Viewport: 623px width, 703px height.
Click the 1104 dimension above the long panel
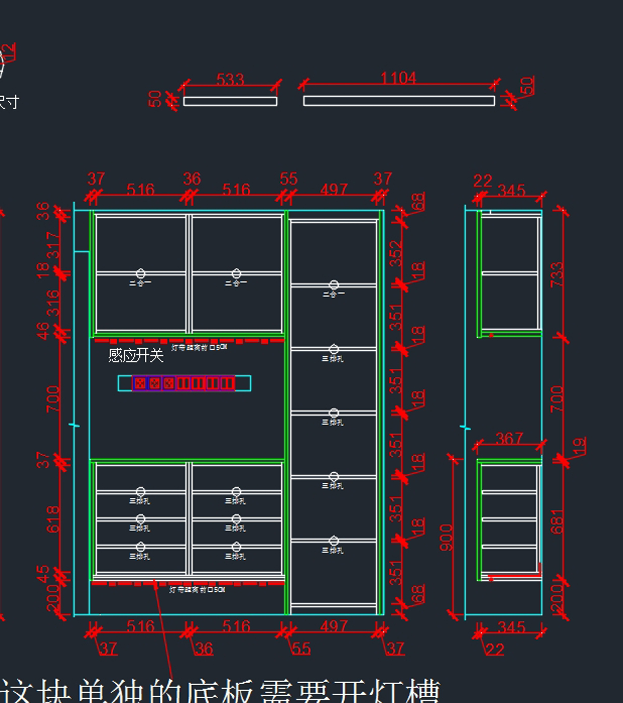click(398, 78)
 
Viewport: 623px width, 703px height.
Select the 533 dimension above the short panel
click(230, 79)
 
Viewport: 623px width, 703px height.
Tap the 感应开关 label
click(136, 355)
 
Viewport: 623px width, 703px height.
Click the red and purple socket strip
click(184, 383)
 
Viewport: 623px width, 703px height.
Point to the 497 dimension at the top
click(333, 190)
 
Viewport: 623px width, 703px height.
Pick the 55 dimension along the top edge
click(289, 179)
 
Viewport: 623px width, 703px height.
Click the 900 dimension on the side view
click(446, 537)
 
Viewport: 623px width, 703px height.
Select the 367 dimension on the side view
click(509, 439)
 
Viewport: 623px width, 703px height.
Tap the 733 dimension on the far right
click(557, 274)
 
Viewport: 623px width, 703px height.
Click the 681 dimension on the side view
click(557, 521)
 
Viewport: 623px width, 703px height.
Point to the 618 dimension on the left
click(53, 519)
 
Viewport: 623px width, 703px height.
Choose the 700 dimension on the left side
click(53, 399)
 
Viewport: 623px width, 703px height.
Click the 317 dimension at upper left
click(53, 245)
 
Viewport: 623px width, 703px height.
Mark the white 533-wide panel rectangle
click(230, 101)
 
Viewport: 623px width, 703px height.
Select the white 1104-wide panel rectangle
click(399, 101)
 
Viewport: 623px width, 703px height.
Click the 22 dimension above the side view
click(482, 181)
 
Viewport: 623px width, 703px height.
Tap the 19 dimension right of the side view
click(579, 446)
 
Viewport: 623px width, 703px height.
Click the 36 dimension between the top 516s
click(192, 179)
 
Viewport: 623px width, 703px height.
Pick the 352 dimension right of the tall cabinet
click(396, 253)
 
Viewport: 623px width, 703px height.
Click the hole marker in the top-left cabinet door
click(140, 274)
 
